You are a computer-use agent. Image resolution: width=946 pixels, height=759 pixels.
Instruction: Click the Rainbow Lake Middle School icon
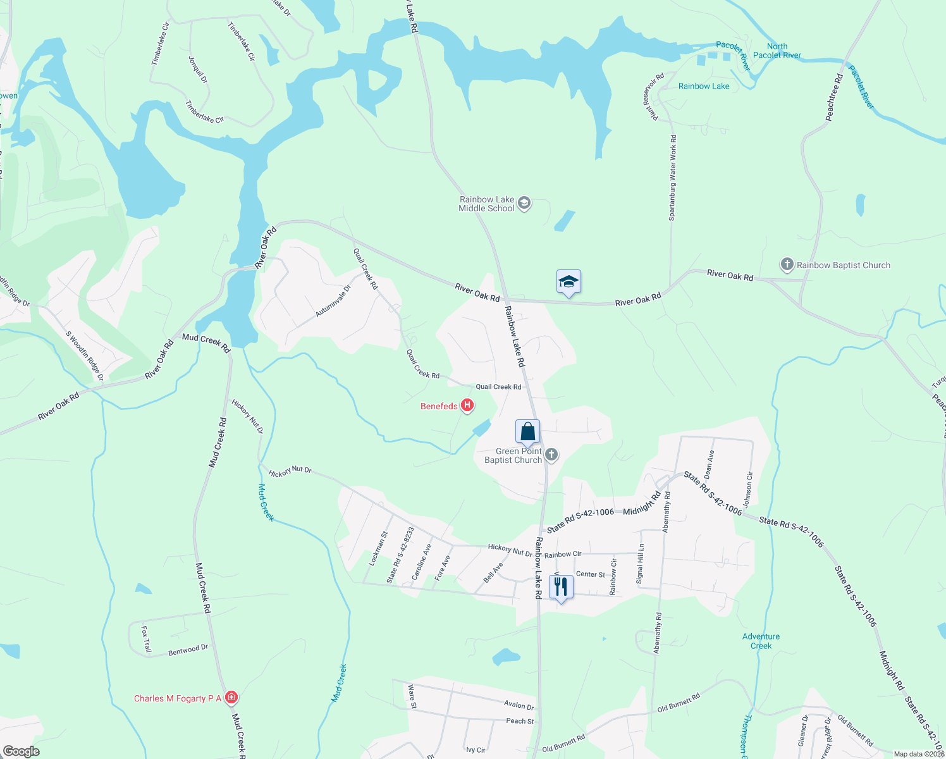pos(524,204)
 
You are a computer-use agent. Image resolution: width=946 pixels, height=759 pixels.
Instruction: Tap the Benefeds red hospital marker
pos(467,405)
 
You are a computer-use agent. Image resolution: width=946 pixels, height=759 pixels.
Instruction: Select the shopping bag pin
pos(527,432)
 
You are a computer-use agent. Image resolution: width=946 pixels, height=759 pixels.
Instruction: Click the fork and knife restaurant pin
pos(560,588)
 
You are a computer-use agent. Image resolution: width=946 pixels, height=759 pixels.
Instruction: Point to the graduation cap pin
pos(568,282)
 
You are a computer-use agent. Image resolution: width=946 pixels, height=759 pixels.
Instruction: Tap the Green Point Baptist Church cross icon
pos(551,455)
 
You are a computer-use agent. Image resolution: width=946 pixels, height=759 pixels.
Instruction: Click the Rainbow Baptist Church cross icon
pos(787,264)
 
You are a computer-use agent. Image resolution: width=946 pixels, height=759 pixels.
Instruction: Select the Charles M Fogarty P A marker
pos(231,698)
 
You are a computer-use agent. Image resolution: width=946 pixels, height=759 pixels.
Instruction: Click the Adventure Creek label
pos(761,641)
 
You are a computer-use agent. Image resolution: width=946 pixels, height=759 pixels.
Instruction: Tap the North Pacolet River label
pos(777,51)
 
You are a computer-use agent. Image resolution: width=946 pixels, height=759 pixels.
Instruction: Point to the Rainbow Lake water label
pos(704,86)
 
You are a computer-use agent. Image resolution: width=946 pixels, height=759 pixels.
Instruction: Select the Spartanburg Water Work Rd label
pos(673,178)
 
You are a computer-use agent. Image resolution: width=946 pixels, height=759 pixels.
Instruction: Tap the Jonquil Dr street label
pos(198,70)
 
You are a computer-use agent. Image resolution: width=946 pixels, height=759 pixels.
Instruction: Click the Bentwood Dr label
pos(188,650)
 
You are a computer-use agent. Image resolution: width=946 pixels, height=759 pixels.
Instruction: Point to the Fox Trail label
pos(146,639)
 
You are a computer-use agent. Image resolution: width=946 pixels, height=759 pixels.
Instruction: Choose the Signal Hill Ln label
pos(641,564)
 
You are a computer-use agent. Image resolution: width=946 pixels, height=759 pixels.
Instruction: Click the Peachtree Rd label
pos(835,97)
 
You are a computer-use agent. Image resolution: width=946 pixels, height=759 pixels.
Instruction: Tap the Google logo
pos(21,751)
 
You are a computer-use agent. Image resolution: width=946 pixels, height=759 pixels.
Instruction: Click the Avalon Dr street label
pos(519,705)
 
